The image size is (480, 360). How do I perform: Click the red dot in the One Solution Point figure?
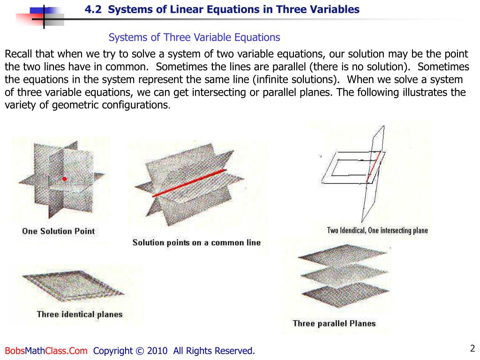pos(64,179)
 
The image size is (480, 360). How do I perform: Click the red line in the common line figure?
pos(189,183)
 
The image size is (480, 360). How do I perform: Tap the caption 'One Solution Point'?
pos(59,231)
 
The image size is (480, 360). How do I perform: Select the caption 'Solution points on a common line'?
pos(196,242)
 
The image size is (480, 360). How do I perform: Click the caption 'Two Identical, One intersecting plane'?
pos(377,230)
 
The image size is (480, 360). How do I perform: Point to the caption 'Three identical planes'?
pos(80,315)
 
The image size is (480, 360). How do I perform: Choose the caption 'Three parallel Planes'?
pos(334,323)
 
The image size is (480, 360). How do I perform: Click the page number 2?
pos(472,348)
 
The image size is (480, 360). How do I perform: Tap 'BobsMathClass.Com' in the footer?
pos(46,351)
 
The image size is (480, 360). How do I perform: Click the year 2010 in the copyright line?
pos(157,351)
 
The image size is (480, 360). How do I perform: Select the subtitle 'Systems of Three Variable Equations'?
pos(194,37)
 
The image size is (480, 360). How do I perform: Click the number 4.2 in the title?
pos(93,9)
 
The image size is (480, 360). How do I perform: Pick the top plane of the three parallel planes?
pos(343,255)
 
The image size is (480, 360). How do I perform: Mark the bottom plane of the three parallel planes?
pos(345,294)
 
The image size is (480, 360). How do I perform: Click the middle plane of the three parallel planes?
pos(344,275)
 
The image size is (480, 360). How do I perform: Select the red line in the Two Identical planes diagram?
pos(374,166)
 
